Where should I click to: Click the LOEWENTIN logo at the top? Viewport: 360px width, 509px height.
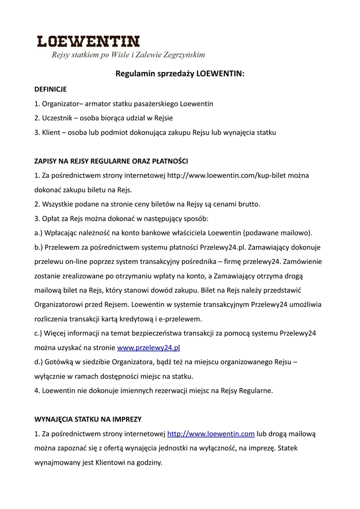(89, 41)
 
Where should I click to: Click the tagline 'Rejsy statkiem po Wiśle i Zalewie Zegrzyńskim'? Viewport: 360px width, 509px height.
(128, 55)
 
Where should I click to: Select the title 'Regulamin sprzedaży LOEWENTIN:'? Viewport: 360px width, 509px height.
(180, 74)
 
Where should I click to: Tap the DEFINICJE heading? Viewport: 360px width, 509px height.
(50, 89)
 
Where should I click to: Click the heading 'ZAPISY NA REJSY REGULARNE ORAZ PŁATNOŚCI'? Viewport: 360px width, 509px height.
(111, 162)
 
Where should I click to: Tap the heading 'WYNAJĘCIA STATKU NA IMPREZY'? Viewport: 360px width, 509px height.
(88, 420)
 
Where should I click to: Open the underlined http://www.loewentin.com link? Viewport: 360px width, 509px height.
(211, 434)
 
